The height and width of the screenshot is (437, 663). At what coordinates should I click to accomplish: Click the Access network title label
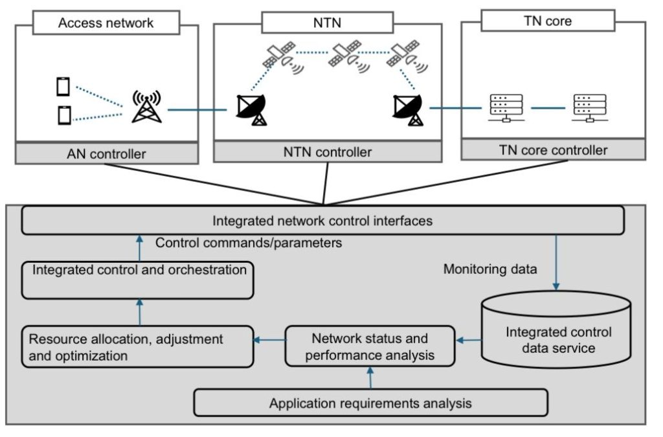tap(106, 23)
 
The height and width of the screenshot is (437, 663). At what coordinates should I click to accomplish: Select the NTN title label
tap(328, 23)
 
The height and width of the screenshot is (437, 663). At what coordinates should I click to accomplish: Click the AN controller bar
tap(106, 154)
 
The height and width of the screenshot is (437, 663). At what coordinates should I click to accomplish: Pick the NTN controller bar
tap(328, 152)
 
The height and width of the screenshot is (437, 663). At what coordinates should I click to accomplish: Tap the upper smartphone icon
tap(63, 86)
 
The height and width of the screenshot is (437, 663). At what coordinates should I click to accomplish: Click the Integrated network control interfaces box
tap(322, 221)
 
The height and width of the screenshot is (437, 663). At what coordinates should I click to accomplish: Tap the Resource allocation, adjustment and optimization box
tap(137, 346)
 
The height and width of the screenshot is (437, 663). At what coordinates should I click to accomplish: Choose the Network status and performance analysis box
tap(370, 346)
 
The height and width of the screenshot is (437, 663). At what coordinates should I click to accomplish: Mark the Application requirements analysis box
tap(370, 403)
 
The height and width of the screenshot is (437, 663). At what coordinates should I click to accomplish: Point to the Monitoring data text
tap(489, 269)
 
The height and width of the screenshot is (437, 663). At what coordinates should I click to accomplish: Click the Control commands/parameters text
tap(249, 244)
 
